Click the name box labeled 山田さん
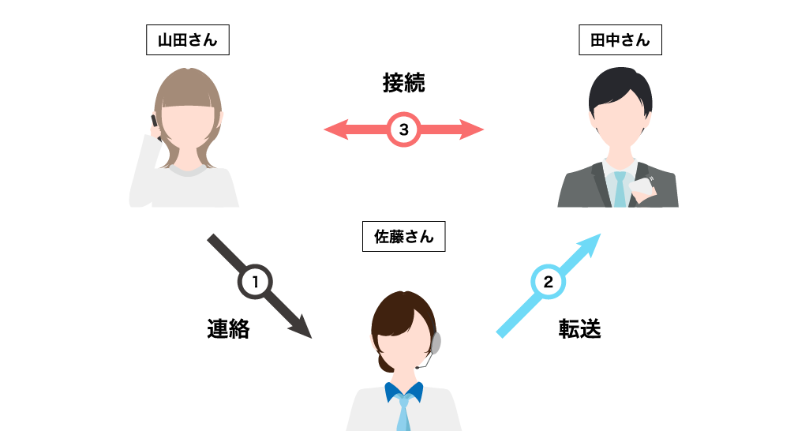point(188,39)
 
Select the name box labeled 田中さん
point(620,39)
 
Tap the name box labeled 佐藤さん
point(403,236)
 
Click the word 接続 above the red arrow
point(403,83)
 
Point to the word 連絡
point(229,329)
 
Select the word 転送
point(580,329)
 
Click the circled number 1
point(255,282)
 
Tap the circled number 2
point(548,282)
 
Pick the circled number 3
point(403,129)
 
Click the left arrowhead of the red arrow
point(336,129)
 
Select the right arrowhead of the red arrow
point(471,129)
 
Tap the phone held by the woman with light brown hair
point(155,125)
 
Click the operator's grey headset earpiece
point(436,343)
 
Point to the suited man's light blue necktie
point(620,189)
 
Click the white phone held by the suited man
point(642,188)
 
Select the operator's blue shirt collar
point(403,392)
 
